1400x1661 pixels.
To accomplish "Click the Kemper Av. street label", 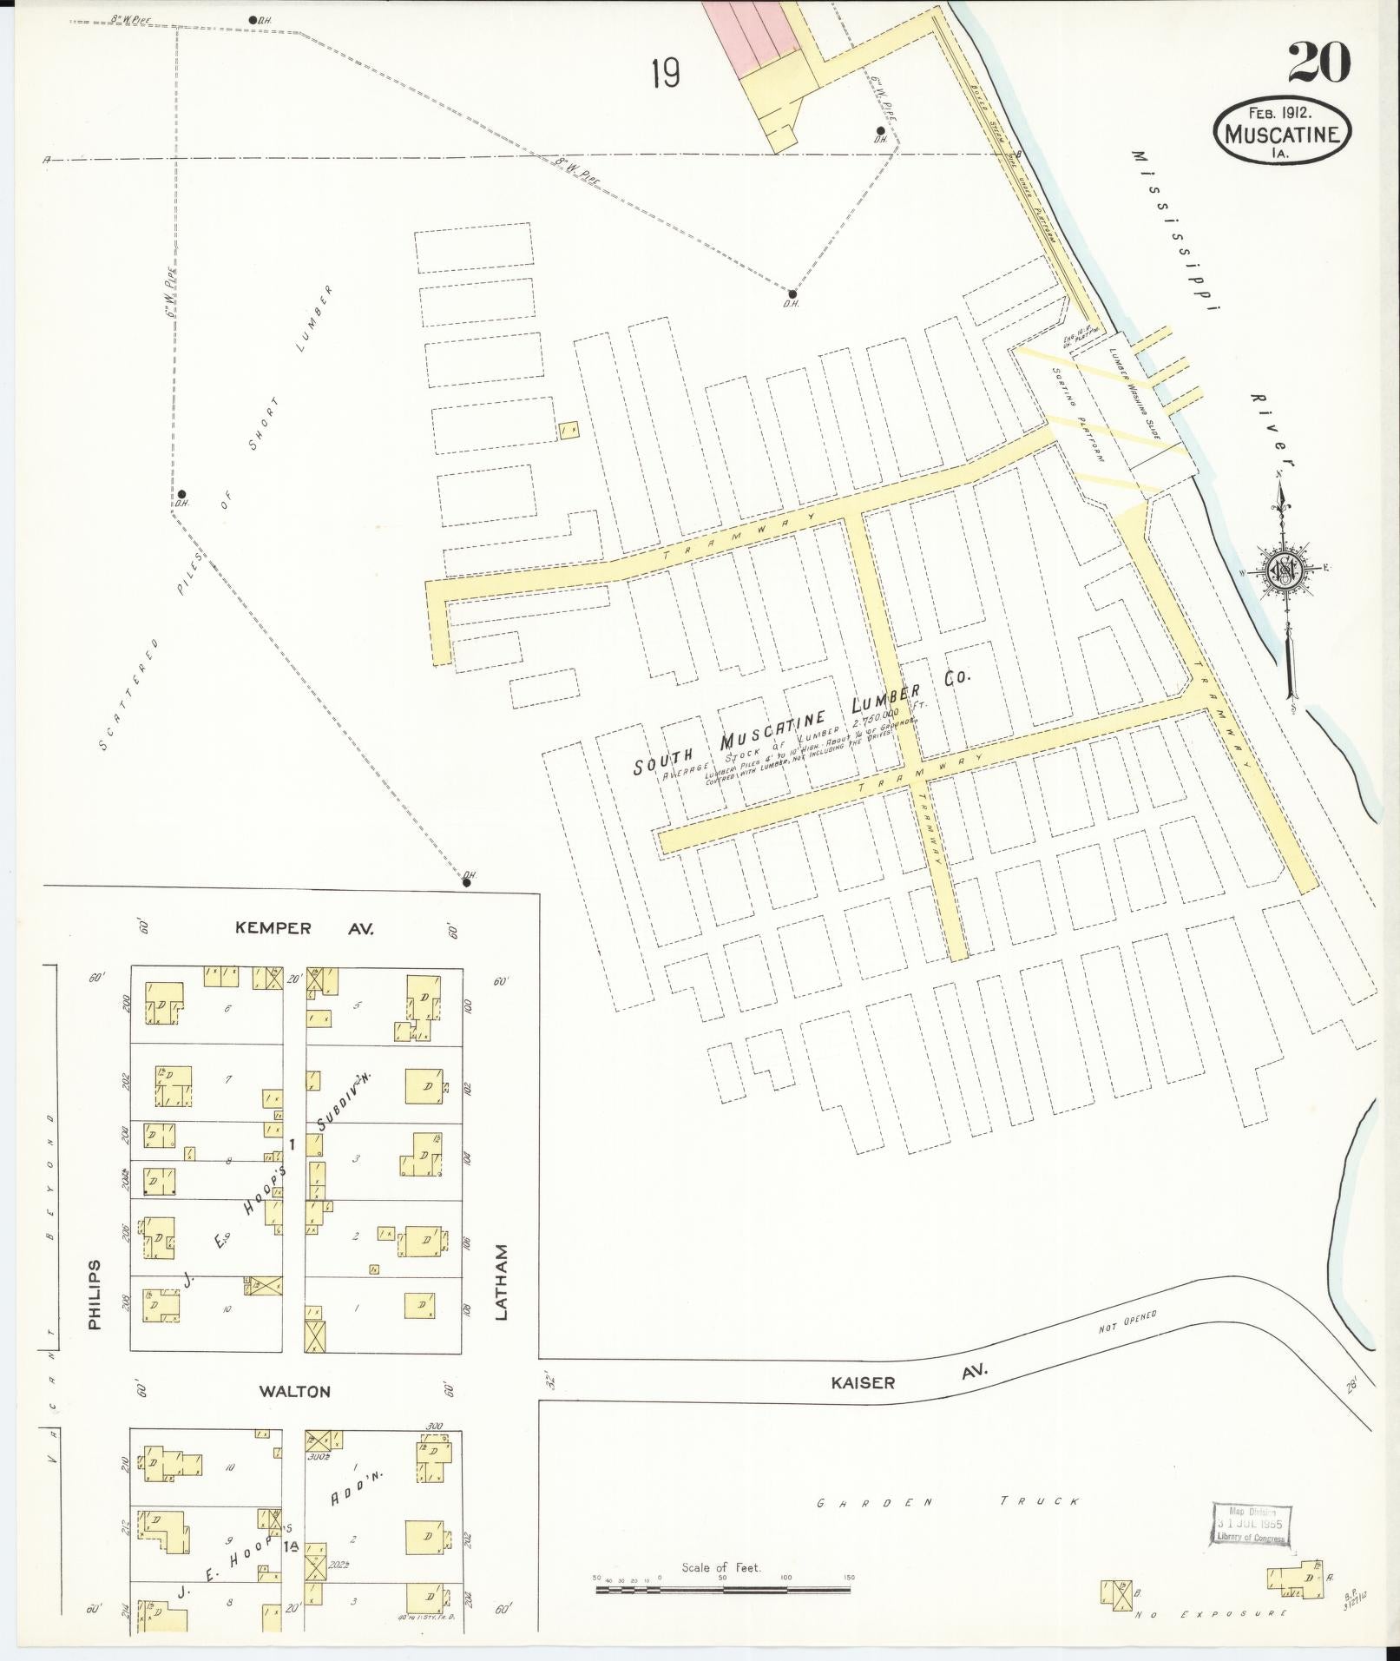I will pyautogui.click(x=304, y=928).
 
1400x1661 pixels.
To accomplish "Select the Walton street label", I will pyautogui.click(x=295, y=1391).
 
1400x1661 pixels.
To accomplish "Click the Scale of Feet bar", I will pyautogui.click(x=722, y=1590).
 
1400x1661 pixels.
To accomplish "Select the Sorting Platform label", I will pyautogui.click(x=1078, y=413).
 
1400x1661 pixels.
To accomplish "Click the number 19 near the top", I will pyautogui.click(x=665, y=74).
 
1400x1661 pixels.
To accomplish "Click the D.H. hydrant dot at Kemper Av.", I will pyautogui.click(x=466, y=882).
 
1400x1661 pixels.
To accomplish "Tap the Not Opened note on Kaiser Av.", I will pyautogui.click(x=1127, y=1345).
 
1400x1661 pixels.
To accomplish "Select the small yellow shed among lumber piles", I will pyautogui.click(x=569, y=430).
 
